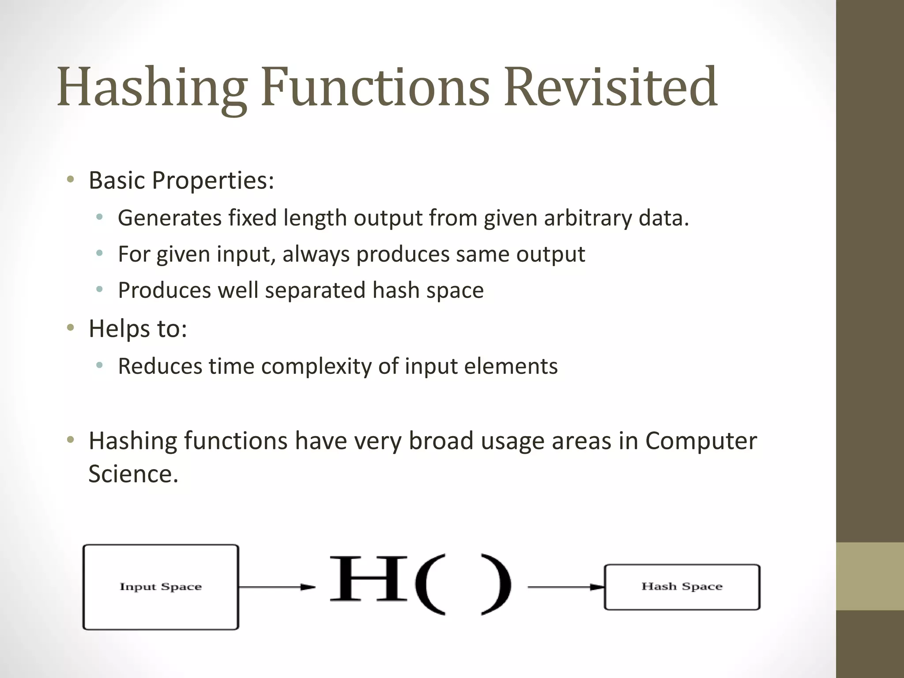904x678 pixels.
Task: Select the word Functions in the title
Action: [375, 87]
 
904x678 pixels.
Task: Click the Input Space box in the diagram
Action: [161, 587]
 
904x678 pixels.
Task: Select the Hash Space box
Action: [682, 587]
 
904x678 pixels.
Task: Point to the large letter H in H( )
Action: [369, 579]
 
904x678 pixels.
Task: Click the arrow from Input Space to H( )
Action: [277, 587]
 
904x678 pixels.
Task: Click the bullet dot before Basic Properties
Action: [70, 180]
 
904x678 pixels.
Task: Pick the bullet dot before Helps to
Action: [70, 328]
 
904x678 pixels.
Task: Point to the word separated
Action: [315, 290]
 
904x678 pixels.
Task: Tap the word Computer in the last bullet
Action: [701, 441]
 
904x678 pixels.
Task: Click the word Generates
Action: [169, 218]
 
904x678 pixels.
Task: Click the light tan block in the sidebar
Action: [870, 576]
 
